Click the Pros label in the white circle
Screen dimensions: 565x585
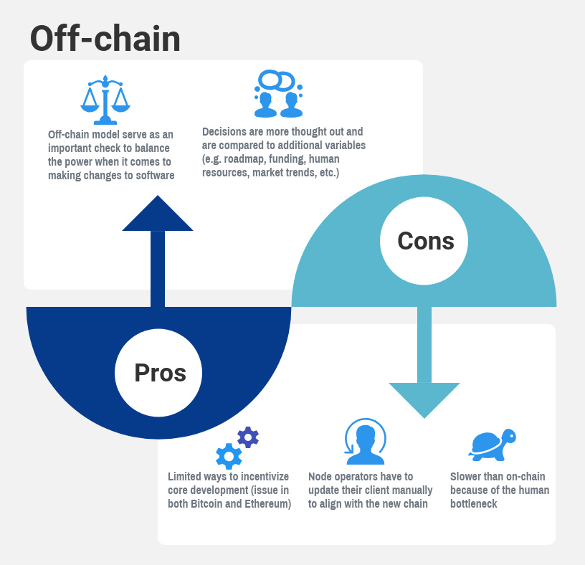click(160, 373)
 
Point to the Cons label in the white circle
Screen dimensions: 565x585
click(425, 240)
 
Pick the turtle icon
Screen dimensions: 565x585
click(493, 444)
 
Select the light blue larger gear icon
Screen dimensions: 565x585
click(229, 456)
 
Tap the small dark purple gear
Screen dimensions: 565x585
click(248, 437)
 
